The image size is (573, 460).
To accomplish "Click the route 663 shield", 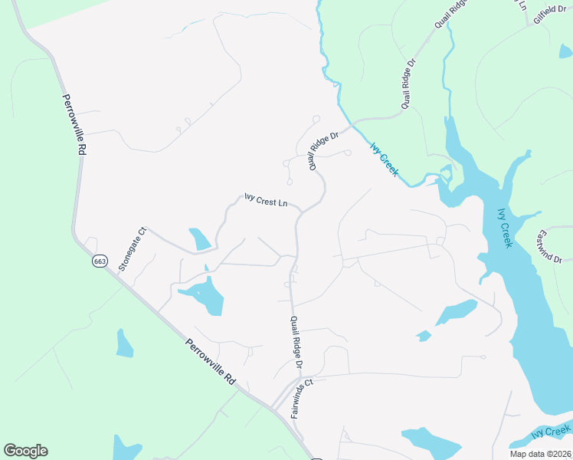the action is coord(100,261).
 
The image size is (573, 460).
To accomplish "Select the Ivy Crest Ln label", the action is coord(265,201).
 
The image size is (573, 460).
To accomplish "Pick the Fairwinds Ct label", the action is coord(303,398).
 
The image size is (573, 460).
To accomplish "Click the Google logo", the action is coord(25,451).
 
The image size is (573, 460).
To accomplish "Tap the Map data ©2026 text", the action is coord(539,454).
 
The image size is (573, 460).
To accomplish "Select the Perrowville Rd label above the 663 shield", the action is coord(74,125).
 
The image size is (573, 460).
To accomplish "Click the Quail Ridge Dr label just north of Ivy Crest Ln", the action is coord(324,152).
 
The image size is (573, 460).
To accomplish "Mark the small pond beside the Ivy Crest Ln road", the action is coord(199,239).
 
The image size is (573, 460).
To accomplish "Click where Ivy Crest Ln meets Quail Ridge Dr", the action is coord(300,212).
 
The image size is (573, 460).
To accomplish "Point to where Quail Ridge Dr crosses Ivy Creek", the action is coord(352,123).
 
